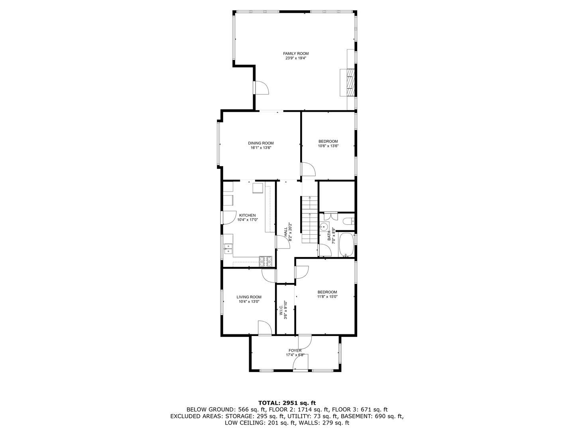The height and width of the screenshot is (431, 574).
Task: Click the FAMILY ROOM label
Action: (x=296, y=53)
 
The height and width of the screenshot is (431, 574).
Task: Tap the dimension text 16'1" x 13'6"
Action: (x=261, y=148)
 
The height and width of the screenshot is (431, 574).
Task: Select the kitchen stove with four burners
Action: (x=266, y=261)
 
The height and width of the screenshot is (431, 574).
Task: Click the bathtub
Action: (x=346, y=245)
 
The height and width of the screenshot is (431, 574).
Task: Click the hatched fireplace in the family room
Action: (x=350, y=82)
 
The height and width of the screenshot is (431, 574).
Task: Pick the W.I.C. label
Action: (x=281, y=307)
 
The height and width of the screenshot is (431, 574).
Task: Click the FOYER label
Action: (x=295, y=351)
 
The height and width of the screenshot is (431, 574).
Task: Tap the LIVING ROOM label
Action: (x=249, y=297)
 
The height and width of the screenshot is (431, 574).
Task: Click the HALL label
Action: (x=285, y=232)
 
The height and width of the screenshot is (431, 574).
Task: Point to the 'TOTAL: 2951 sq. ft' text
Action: (x=287, y=403)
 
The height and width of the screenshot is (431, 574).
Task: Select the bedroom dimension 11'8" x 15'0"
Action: (x=327, y=297)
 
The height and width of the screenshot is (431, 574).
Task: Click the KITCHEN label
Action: (x=247, y=215)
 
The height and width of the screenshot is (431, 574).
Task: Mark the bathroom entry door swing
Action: (x=324, y=249)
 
